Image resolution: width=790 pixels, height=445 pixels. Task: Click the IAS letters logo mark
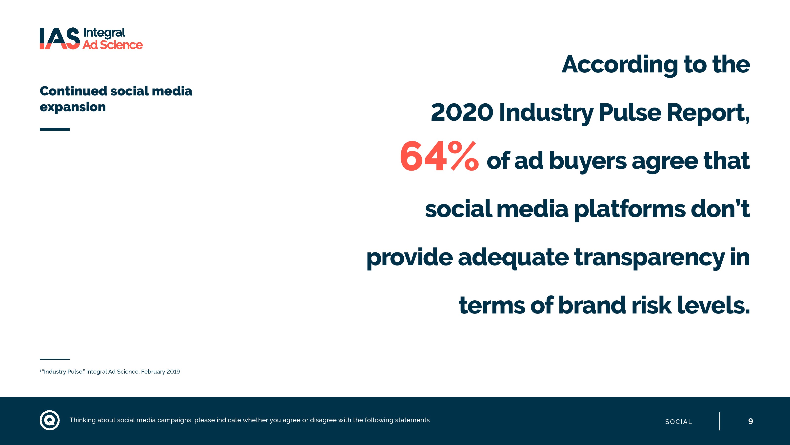pyautogui.click(x=60, y=38)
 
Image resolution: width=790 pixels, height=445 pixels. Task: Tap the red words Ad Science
pyautogui.click(x=113, y=45)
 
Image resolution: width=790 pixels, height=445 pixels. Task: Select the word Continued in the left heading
pyautogui.click(x=73, y=91)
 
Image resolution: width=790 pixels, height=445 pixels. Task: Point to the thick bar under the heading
pyautogui.click(x=55, y=129)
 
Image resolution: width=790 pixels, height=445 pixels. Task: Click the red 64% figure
pyautogui.click(x=439, y=156)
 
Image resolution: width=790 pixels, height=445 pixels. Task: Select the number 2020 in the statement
pyautogui.click(x=462, y=112)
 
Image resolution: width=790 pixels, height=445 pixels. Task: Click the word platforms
pyautogui.click(x=630, y=209)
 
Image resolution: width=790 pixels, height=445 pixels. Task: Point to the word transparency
pyautogui.click(x=649, y=257)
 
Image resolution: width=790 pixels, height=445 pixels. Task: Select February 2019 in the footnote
pyautogui.click(x=160, y=372)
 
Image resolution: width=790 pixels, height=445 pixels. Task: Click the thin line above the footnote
pyautogui.click(x=55, y=359)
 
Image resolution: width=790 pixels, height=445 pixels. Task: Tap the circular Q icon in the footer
pyautogui.click(x=50, y=420)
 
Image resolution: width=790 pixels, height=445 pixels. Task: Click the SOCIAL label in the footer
pyautogui.click(x=678, y=422)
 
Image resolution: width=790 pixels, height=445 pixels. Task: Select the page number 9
pyautogui.click(x=750, y=421)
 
